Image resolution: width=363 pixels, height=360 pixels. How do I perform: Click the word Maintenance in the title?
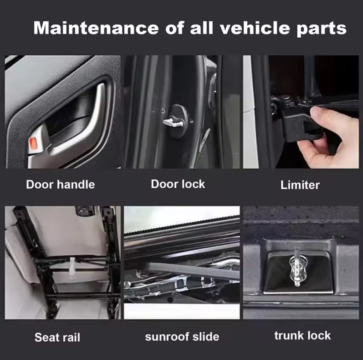point(96,28)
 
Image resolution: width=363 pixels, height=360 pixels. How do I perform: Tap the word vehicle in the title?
point(255,28)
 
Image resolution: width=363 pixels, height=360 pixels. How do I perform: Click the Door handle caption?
point(60,184)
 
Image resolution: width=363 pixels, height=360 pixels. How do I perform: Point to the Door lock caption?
point(178,184)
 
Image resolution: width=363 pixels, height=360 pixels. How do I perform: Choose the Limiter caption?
point(300,185)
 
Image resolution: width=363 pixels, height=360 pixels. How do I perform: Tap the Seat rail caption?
point(57,337)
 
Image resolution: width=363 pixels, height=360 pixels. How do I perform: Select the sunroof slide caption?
point(182,337)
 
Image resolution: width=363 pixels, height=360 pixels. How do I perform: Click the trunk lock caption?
point(302,335)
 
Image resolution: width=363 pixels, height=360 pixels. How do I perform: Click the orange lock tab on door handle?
point(33,143)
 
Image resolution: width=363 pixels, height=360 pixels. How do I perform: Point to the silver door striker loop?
point(173,123)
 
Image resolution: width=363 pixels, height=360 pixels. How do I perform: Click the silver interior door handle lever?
point(79,132)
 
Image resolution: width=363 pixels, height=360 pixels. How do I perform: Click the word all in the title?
point(201,28)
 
